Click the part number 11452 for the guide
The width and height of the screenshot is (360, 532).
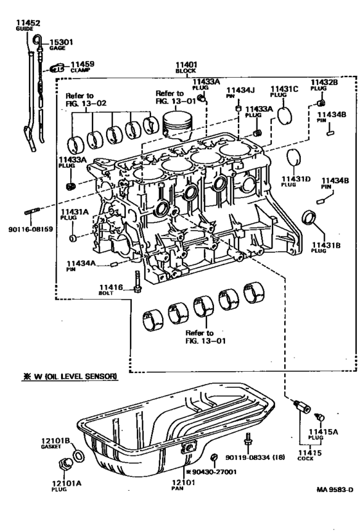[x=28, y=23]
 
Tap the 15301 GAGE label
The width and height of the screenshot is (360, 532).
[x=61, y=45]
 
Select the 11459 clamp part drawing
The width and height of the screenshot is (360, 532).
[x=57, y=68]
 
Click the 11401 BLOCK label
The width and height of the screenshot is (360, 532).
[x=186, y=67]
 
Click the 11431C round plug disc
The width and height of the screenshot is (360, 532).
[x=284, y=116]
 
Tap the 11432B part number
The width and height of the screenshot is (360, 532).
[x=324, y=82]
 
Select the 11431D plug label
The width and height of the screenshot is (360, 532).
[x=296, y=181]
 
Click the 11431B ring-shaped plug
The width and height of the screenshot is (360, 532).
[x=309, y=217]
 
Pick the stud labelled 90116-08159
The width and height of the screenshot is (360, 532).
[x=32, y=212]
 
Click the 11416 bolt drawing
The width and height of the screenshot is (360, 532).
[x=137, y=282]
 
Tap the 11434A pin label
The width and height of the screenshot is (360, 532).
[x=80, y=265]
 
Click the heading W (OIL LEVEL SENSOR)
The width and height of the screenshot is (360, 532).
[x=70, y=376]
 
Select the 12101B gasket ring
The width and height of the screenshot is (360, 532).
[x=78, y=455]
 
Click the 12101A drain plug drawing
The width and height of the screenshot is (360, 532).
[x=66, y=464]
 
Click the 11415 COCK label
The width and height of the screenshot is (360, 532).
[x=310, y=455]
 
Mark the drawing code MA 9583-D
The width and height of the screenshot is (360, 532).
[x=334, y=490]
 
